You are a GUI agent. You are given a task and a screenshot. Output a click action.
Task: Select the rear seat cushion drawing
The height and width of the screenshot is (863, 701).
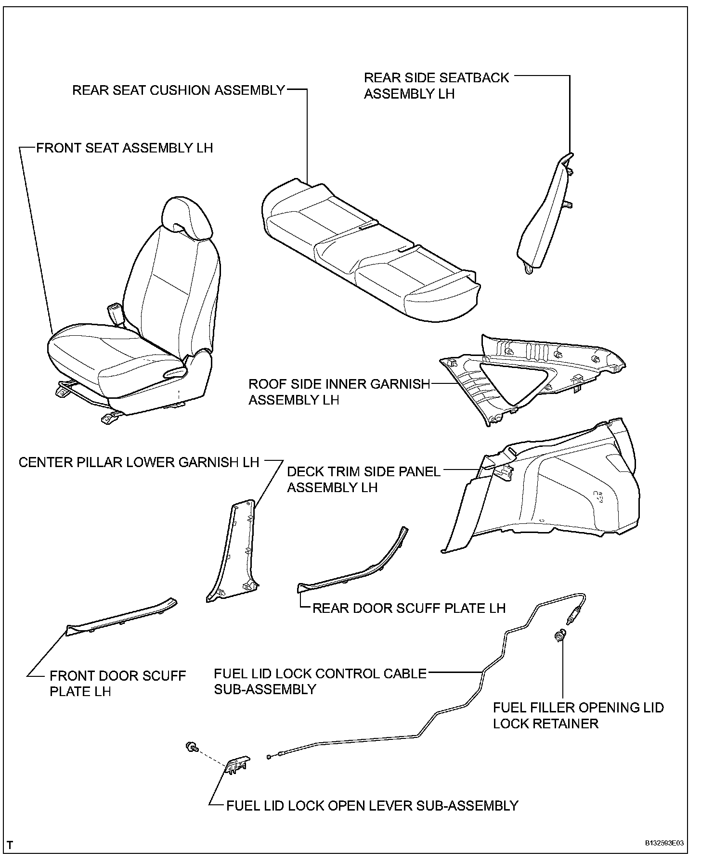pyautogui.click(x=366, y=250)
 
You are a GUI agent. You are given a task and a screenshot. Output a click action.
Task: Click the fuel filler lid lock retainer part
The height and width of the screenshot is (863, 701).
pyautogui.click(x=560, y=636)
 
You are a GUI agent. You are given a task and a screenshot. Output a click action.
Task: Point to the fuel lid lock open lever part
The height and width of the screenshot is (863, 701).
pyautogui.click(x=237, y=764)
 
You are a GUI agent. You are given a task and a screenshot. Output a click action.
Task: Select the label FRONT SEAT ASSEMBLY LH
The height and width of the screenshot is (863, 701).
pyautogui.click(x=125, y=148)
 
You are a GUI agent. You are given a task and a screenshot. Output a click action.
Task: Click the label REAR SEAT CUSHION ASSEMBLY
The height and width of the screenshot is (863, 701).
pyautogui.click(x=179, y=90)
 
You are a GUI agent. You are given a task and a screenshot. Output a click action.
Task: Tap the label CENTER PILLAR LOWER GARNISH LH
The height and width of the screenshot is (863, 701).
pyautogui.click(x=139, y=462)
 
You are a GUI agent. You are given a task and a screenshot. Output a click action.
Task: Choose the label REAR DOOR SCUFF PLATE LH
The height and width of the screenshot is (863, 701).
pyautogui.click(x=409, y=608)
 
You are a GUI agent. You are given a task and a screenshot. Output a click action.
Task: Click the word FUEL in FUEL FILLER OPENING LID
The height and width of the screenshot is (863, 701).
pyautogui.click(x=509, y=708)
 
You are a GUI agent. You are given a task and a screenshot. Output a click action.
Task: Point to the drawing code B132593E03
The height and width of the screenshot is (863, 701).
pyautogui.click(x=664, y=843)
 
